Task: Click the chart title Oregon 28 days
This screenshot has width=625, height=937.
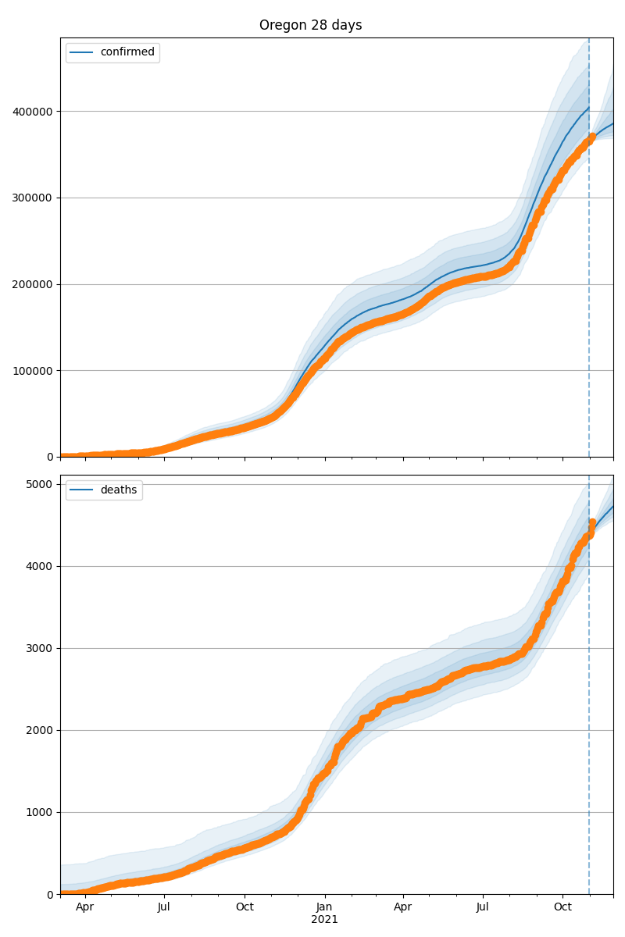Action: (x=310, y=25)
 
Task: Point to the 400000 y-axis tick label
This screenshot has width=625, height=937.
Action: (x=32, y=112)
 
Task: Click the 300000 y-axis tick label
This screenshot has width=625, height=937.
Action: (x=32, y=198)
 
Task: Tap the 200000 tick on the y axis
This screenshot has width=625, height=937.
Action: (x=32, y=284)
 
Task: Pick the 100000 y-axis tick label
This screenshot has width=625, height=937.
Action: (x=32, y=371)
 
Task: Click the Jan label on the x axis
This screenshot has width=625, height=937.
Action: (x=325, y=907)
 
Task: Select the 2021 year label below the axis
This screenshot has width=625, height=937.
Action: (x=325, y=920)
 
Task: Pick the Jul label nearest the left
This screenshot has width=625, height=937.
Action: (x=164, y=907)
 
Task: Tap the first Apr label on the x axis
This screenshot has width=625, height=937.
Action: (x=84, y=907)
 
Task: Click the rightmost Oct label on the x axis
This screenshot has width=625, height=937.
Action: (x=562, y=907)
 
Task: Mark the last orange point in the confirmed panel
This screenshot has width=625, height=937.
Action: (x=592, y=137)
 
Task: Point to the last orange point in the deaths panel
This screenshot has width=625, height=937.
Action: (x=592, y=522)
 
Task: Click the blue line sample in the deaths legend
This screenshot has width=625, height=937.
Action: (x=81, y=490)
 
